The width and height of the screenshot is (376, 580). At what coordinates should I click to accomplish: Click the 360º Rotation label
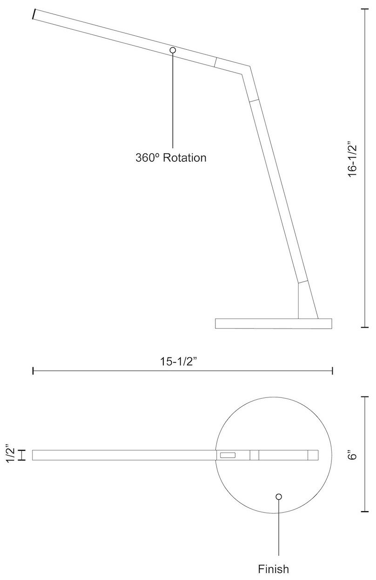pos(171,158)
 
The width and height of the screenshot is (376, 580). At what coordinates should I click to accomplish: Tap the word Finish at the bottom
pos(274,569)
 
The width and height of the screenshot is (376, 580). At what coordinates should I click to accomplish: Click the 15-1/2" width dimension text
pos(182,362)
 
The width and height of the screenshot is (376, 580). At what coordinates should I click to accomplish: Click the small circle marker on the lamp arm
pos(173,50)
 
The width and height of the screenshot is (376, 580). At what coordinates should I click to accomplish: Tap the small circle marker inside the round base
pos(279,497)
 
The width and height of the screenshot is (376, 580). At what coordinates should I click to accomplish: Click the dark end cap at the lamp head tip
pos(34,14)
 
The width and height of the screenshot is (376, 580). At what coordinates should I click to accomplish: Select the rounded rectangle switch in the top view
pos(228,455)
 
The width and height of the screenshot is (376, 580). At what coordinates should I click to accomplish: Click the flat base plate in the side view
pos(273,323)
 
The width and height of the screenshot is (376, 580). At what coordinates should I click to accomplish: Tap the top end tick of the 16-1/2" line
pos(365,9)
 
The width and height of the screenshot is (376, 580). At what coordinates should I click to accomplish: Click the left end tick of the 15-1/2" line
pos(33,370)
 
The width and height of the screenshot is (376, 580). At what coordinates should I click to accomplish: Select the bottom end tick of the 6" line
pos(365,511)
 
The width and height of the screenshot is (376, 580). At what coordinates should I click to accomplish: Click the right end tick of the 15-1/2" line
pos(332,370)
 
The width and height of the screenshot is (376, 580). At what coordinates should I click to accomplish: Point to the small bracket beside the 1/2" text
pos(21,455)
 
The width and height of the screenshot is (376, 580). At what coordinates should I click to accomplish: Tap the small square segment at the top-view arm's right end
pos(313,455)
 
